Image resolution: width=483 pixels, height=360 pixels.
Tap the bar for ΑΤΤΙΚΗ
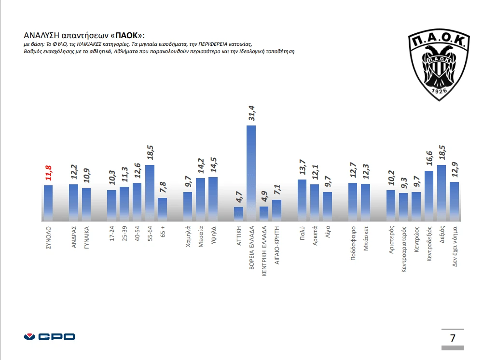click(x=238, y=213)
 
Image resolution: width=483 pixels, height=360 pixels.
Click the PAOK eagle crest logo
click(x=439, y=65)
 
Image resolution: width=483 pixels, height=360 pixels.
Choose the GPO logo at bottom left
click(x=49, y=337)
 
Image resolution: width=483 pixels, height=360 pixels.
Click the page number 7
click(x=452, y=338)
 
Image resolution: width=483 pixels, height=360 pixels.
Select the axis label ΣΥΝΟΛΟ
click(x=48, y=237)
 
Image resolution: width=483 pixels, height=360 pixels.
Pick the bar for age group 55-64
click(x=150, y=193)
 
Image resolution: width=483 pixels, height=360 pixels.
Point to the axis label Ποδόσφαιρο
click(x=353, y=243)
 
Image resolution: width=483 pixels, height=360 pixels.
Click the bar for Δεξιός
click(x=442, y=193)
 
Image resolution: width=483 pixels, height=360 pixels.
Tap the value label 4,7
click(x=238, y=197)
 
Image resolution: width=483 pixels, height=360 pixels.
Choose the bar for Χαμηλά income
click(x=188, y=206)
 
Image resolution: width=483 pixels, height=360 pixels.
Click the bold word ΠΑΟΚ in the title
click(x=127, y=36)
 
